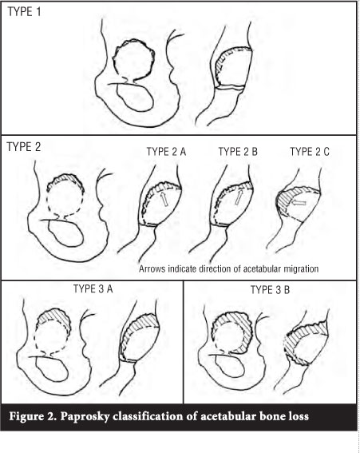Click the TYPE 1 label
click(24, 12)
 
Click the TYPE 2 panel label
click(24, 147)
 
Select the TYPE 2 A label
click(166, 152)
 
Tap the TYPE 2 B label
click(238, 152)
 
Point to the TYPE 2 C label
click(310, 152)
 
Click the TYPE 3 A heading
click(93, 288)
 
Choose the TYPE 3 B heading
click(271, 289)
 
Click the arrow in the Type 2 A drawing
click(164, 200)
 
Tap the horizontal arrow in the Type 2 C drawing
click(299, 203)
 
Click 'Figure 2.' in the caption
click(33, 416)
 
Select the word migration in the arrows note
click(300, 269)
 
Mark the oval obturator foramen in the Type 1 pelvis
click(135, 97)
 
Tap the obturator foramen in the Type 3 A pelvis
click(52, 371)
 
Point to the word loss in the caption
click(299, 416)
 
